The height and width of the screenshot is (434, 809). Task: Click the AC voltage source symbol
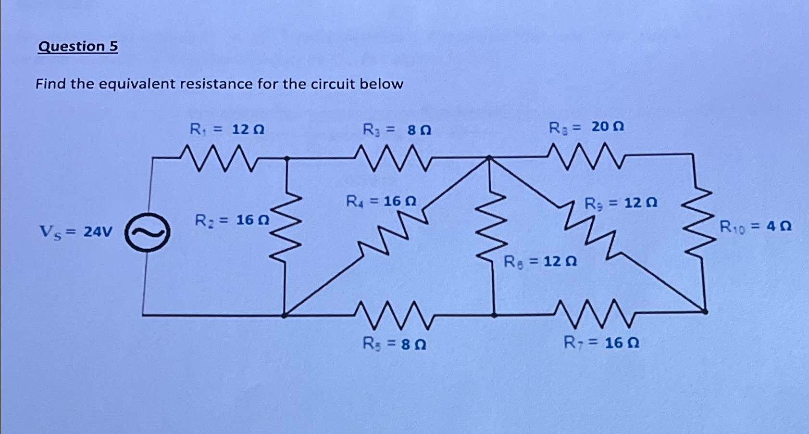147,232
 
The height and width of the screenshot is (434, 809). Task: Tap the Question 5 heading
78,47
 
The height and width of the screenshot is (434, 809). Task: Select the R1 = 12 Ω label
227,129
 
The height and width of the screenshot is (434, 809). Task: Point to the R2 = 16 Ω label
232,220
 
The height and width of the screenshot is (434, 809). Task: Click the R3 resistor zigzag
392,158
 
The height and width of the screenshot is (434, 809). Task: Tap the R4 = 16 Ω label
381,201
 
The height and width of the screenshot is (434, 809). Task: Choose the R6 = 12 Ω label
540,262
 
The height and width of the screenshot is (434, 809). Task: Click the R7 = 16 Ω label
601,343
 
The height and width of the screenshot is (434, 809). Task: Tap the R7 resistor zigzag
596,313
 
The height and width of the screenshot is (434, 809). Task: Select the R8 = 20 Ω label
586,127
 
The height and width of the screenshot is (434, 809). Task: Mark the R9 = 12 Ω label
621,204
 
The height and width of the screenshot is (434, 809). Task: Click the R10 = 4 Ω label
755,226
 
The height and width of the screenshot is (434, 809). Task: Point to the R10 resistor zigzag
697,226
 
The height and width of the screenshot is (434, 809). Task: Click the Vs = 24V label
75,232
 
